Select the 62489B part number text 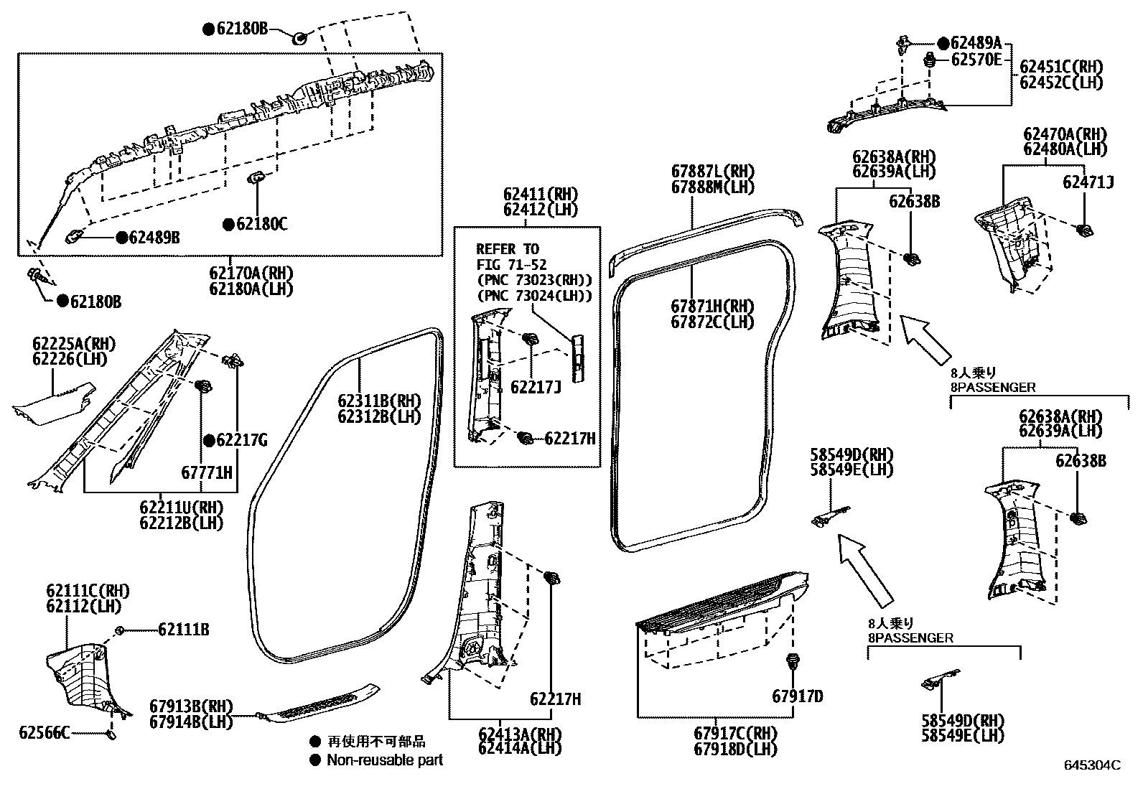[x=154, y=237]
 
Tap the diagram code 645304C [x=1092, y=765]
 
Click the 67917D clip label [x=798, y=696]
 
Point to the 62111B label [x=184, y=630]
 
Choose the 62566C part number [x=45, y=732]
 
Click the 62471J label [x=1088, y=182]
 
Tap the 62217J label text [x=535, y=387]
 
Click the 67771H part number [x=207, y=472]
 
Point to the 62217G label [x=241, y=440]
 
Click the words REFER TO [x=507, y=249]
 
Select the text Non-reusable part [x=385, y=760]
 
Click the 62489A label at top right [x=976, y=43]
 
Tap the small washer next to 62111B [x=121, y=630]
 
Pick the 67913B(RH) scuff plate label [x=191, y=706]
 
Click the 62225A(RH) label [x=73, y=344]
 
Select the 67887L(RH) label [x=703, y=172]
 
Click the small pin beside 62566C [x=111, y=734]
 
